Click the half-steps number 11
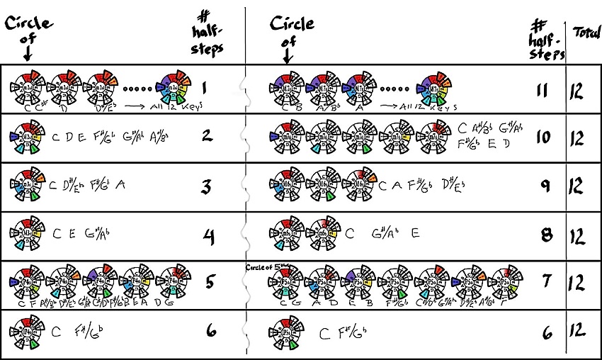543,90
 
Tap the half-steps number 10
543,137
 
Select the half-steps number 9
544,186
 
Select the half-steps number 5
210,282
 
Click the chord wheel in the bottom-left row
28,331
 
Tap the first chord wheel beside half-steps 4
28,234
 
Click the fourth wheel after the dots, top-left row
175,88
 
